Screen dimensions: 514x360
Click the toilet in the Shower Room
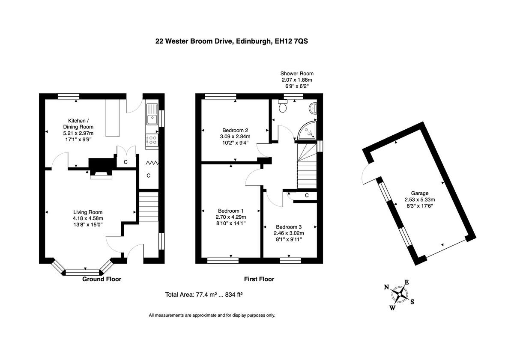(x=283, y=107)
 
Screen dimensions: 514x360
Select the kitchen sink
(x=152, y=114)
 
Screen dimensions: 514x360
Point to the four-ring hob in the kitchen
(x=152, y=140)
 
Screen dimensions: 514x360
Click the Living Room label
(x=88, y=212)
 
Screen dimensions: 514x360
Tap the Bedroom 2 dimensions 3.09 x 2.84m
(x=235, y=137)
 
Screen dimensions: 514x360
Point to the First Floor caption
(x=259, y=279)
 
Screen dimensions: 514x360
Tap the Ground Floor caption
(x=102, y=279)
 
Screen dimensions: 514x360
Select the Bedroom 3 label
(x=289, y=227)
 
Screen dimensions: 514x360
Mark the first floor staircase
(x=308, y=165)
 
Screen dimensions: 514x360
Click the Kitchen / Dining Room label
(x=78, y=124)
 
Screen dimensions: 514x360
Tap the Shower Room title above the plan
(x=297, y=74)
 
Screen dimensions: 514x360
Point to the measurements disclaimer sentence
(x=212, y=315)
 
